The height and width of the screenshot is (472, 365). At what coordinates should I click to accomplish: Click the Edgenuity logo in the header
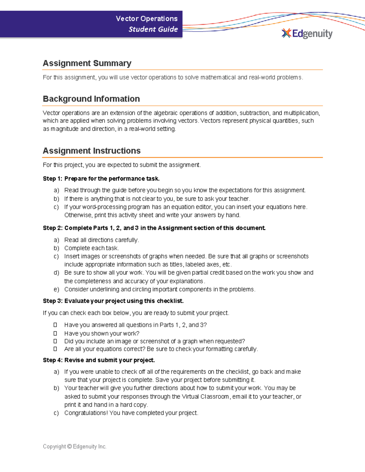307,33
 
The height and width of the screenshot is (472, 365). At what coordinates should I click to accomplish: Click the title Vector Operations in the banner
147,19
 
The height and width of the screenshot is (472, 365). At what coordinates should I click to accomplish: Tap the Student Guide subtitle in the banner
153,29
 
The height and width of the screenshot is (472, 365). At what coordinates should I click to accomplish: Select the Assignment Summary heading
87,63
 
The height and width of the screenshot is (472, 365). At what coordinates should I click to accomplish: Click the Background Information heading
91,99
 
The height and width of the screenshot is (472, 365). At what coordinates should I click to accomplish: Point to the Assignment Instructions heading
92,151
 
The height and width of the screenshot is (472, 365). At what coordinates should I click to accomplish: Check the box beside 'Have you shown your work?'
55,333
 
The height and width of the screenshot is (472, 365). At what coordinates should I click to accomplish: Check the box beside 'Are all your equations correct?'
55,349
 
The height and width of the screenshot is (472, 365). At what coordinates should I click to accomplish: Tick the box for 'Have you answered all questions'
55,325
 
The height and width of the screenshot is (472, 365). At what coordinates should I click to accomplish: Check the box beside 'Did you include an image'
55,341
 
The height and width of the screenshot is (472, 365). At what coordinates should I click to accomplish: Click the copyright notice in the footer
75,446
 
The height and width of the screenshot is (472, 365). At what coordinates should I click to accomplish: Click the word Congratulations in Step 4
86,413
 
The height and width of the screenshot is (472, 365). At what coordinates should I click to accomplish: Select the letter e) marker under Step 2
56,289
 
